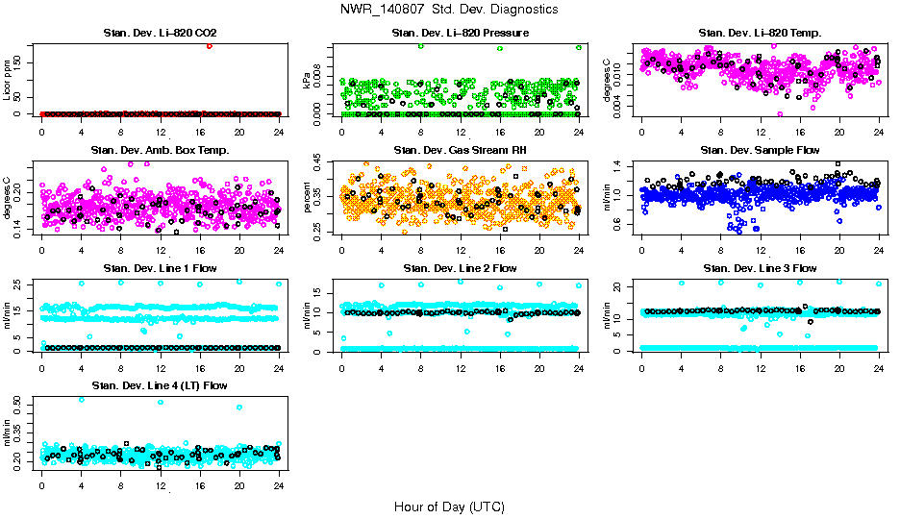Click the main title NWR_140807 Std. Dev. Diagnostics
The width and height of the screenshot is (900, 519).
[x=449, y=10]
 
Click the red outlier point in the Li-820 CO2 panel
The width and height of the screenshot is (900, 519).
[x=210, y=46]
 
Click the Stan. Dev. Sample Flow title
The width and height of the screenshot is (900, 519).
[x=760, y=150]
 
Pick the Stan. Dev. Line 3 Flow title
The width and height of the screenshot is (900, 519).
[x=760, y=268]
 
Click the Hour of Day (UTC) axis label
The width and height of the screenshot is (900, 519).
[x=449, y=507]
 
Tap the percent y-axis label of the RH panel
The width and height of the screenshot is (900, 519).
[x=308, y=195]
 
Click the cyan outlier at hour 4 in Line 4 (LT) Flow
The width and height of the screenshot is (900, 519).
[x=82, y=399]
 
